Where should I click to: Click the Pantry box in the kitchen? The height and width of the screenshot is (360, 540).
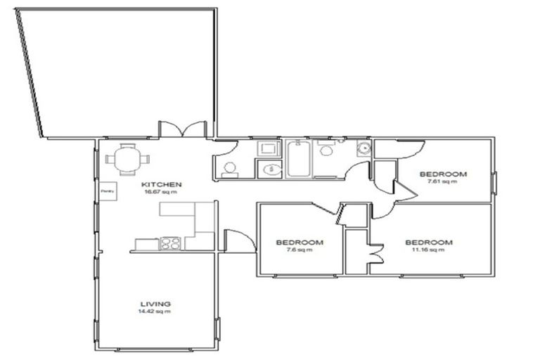[108, 191]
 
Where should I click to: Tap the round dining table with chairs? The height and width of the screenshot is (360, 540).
[127, 159]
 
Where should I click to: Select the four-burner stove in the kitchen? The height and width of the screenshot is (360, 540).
[171, 244]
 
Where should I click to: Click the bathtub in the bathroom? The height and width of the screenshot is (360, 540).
[298, 160]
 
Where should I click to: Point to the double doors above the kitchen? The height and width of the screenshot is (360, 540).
[183, 129]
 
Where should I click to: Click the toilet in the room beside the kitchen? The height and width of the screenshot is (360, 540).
[229, 168]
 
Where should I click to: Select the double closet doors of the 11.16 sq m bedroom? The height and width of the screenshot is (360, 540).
[373, 252]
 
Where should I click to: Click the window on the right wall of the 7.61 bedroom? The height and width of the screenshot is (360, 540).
[494, 183]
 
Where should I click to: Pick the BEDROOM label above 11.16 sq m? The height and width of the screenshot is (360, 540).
[428, 242]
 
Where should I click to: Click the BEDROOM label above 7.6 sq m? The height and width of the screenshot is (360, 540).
[300, 242]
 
